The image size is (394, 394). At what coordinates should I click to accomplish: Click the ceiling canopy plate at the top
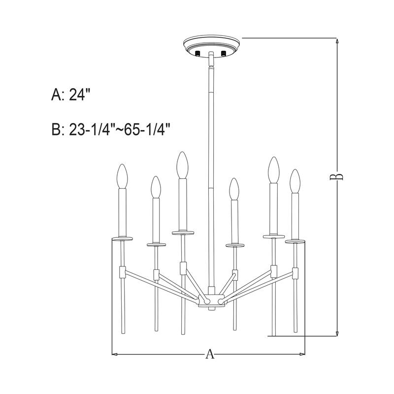click(x=210, y=45)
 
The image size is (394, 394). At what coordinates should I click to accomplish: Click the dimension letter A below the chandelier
click(x=210, y=354)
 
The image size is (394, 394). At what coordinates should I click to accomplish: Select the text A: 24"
click(x=72, y=95)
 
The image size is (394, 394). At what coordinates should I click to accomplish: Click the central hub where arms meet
click(x=210, y=300)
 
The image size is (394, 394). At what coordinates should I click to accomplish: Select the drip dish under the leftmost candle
click(x=122, y=239)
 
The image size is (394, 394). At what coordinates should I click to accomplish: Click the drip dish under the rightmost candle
click(x=295, y=242)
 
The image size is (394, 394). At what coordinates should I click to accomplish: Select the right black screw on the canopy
click(x=224, y=53)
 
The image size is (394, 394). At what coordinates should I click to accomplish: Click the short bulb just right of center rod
click(x=234, y=188)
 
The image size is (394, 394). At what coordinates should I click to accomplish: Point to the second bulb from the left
click(x=156, y=187)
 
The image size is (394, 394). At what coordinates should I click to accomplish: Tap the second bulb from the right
click(x=273, y=169)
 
